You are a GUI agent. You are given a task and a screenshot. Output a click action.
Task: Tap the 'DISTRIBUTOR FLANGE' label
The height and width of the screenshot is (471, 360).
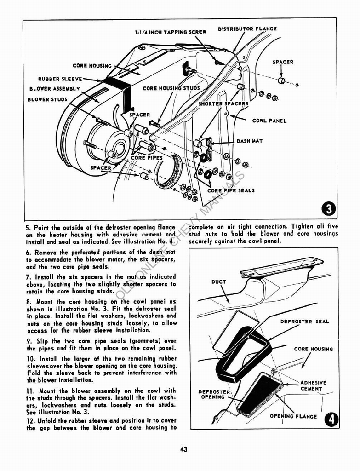point(247,29)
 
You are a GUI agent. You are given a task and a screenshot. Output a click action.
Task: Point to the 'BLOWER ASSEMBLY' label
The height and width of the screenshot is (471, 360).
point(54,89)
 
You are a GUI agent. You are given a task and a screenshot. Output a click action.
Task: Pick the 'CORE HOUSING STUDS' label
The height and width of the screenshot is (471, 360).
point(171,88)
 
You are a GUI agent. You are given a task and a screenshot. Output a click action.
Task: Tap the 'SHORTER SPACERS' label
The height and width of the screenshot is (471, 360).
point(223,103)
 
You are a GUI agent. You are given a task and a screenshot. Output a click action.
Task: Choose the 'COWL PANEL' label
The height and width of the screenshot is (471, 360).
point(269,121)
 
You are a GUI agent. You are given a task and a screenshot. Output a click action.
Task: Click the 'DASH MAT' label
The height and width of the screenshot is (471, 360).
point(250,141)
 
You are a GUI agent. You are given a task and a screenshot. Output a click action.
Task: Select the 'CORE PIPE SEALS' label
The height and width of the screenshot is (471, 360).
point(231,190)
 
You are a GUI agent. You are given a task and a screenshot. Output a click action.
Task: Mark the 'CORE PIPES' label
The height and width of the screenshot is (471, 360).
point(147,158)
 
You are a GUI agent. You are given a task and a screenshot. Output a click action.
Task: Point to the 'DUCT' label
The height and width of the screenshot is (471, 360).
point(219,282)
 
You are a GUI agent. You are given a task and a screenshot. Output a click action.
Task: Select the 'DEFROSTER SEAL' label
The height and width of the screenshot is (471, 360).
point(305,322)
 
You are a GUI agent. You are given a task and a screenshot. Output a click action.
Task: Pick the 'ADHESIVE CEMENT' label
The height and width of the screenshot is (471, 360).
point(313,385)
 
